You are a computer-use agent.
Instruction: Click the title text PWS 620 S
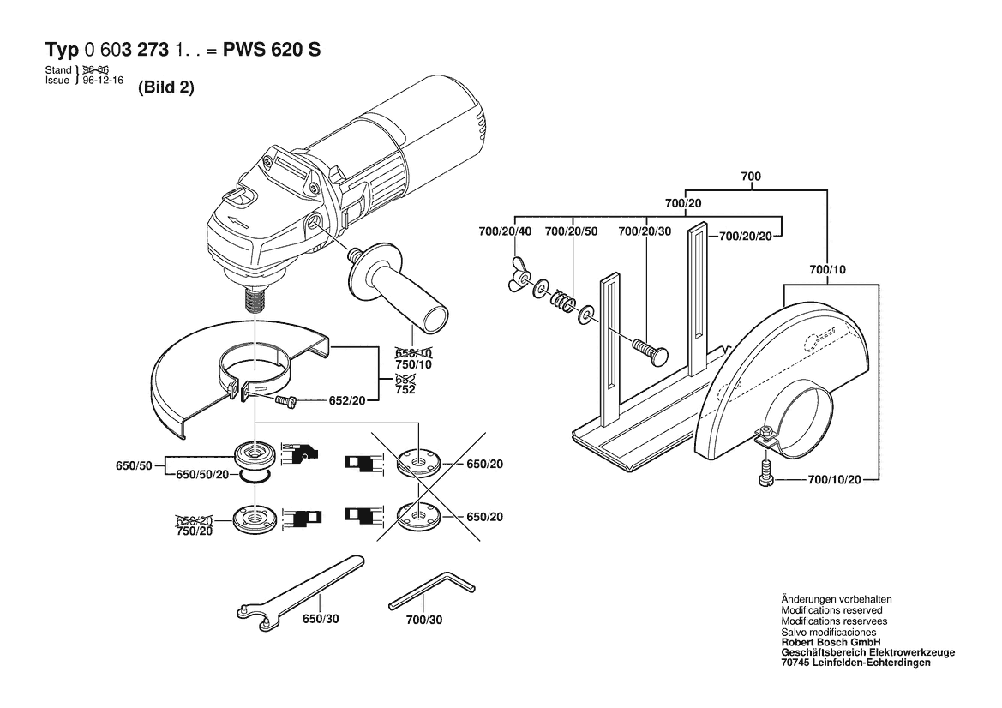tap(272, 50)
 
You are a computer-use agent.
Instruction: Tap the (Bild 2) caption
tap(166, 87)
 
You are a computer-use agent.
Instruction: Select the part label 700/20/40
tap(505, 231)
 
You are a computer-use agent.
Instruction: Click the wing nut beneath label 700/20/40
tap(519, 275)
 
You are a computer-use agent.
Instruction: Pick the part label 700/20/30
tap(645, 231)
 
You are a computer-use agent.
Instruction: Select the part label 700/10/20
tap(835, 479)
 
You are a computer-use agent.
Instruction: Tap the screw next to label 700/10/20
tap(764, 471)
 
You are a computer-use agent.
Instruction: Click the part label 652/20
tap(347, 400)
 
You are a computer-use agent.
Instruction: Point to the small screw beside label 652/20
tap(285, 400)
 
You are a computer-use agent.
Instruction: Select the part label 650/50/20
tap(202, 474)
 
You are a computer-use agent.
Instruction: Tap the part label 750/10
tap(413, 364)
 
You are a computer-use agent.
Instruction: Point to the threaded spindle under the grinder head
tap(255, 297)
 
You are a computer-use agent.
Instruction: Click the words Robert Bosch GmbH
tap(831, 642)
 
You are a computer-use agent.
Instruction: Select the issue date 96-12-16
tap(103, 81)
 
